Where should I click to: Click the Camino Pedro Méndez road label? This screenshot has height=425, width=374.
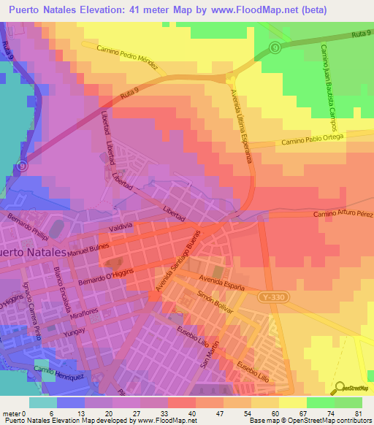(x=121, y=55)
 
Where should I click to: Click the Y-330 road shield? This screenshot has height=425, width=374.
(x=269, y=297)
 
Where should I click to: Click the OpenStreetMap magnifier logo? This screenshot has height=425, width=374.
(x=340, y=386)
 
